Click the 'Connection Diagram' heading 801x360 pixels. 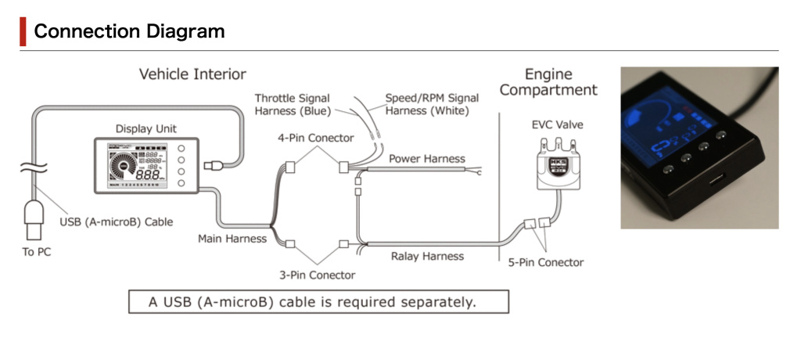[129, 31]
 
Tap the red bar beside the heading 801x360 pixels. [23, 31]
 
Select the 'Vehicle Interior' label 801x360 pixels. [192, 74]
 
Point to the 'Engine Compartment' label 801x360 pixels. [548, 82]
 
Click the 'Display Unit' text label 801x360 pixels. [145, 128]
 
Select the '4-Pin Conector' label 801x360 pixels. [316, 138]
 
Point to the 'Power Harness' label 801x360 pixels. [426, 159]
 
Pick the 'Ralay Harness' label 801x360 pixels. [427, 256]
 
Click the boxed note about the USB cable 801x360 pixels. [318, 301]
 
